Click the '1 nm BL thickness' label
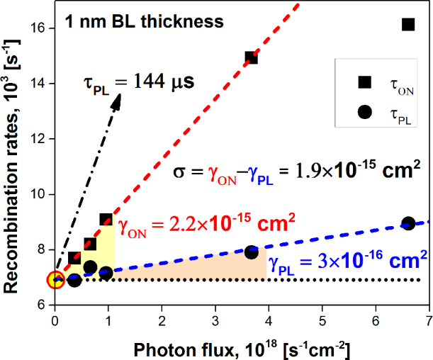coord(145,21)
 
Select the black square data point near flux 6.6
coord(408,24)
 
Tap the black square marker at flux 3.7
coord(251,57)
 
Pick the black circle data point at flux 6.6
coord(408,223)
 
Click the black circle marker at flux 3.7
coord(251,252)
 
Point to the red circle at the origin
coord(55,280)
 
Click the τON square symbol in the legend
coord(364,84)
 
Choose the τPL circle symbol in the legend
coord(364,111)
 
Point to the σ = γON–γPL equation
coord(297,171)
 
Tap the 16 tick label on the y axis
coord(39,28)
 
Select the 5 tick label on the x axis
coord(322,320)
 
